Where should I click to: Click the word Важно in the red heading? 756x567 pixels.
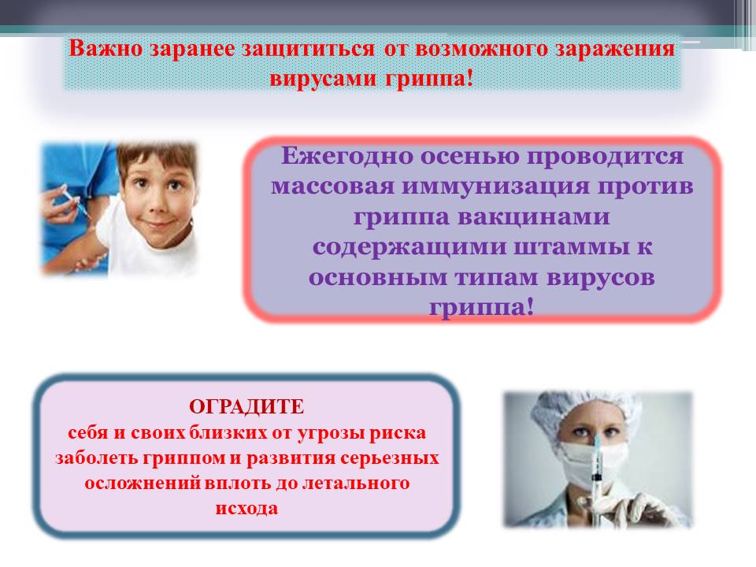pyautogui.click(x=106, y=49)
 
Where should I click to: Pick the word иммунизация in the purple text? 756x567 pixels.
pyautogui.click(x=495, y=186)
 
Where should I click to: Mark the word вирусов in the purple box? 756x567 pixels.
pyautogui.click(x=601, y=278)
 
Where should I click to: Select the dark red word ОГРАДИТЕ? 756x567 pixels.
pyautogui.click(x=246, y=407)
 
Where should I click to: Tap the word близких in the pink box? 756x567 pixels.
pyautogui.click(x=228, y=433)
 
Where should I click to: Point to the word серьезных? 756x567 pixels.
pyautogui.click(x=390, y=458)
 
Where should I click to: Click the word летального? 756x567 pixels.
pyautogui.click(x=356, y=483)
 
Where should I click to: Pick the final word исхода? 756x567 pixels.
pyautogui.click(x=246, y=509)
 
